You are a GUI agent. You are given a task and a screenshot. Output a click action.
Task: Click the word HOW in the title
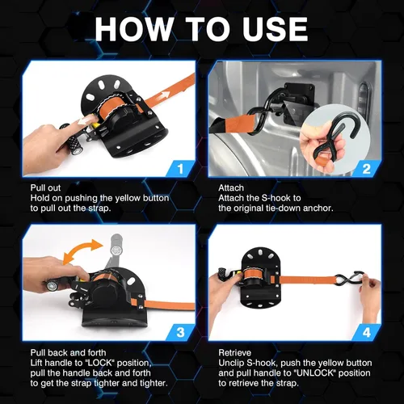[134, 29]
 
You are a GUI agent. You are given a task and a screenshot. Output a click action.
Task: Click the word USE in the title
[275, 29]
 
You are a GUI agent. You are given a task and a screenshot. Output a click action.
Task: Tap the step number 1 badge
[181, 169]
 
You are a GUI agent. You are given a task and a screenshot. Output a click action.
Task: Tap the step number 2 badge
[366, 169]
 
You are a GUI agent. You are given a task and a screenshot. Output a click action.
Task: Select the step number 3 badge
[181, 333]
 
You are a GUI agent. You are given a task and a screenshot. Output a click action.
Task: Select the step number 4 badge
[367, 333]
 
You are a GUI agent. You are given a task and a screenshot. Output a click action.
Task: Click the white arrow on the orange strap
[165, 95]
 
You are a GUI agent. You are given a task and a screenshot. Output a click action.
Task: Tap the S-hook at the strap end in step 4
[349, 280]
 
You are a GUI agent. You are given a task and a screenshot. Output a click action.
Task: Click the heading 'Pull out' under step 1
[45, 187]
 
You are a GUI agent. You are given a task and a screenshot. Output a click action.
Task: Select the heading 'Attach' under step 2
[231, 187]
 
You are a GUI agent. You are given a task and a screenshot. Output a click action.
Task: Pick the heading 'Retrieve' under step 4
[234, 352]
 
